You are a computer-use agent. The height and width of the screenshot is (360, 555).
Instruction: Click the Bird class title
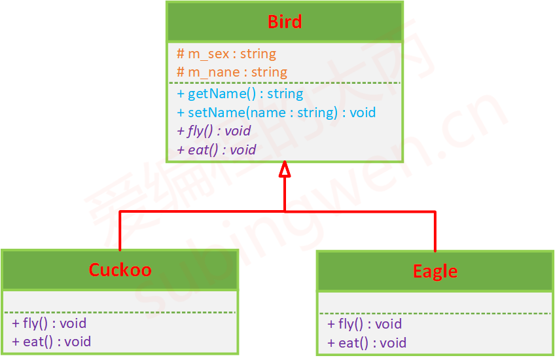pyautogui.click(x=285, y=22)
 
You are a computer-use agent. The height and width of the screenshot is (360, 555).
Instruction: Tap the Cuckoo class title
pyautogui.click(x=120, y=270)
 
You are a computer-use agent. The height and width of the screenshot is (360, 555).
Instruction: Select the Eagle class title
pyautogui.click(x=435, y=272)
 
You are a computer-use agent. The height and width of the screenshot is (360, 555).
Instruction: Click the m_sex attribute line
pyautogui.click(x=226, y=54)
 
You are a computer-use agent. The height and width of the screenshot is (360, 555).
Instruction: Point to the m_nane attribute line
pyautogui.click(x=232, y=72)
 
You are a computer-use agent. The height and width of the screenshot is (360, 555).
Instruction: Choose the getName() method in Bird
pyautogui.click(x=240, y=94)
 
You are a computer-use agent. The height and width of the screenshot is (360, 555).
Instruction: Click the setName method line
pyautogui.click(x=276, y=113)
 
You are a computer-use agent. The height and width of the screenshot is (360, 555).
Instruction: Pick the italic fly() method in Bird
pyautogui.click(x=214, y=131)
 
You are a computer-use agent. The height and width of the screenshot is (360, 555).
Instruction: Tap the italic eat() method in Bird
pyautogui.click(x=216, y=150)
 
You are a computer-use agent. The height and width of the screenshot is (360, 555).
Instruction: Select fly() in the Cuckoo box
pyautogui.click(x=49, y=323)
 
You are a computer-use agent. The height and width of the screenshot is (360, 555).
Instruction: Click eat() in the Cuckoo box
pyautogui.click(x=51, y=342)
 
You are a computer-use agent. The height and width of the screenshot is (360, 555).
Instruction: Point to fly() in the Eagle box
pyautogui.click(x=365, y=324)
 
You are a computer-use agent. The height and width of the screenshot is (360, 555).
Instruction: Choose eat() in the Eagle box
pyautogui.click(x=367, y=343)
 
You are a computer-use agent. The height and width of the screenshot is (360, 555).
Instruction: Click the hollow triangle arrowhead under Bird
pyautogui.click(x=285, y=169)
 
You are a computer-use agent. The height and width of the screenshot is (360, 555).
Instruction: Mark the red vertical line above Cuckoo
pyautogui.click(x=120, y=231)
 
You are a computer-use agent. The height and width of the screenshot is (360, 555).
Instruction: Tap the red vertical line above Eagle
pyautogui.click(x=435, y=232)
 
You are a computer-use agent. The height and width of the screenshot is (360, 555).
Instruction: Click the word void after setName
pyautogui.click(x=363, y=113)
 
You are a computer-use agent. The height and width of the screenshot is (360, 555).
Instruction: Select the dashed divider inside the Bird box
pyautogui.click(x=285, y=83)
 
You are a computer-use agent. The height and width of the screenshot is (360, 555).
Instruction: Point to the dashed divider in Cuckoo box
pyautogui.click(x=120, y=312)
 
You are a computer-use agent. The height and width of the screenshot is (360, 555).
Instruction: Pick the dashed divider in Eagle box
pyautogui.click(x=435, y=314)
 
